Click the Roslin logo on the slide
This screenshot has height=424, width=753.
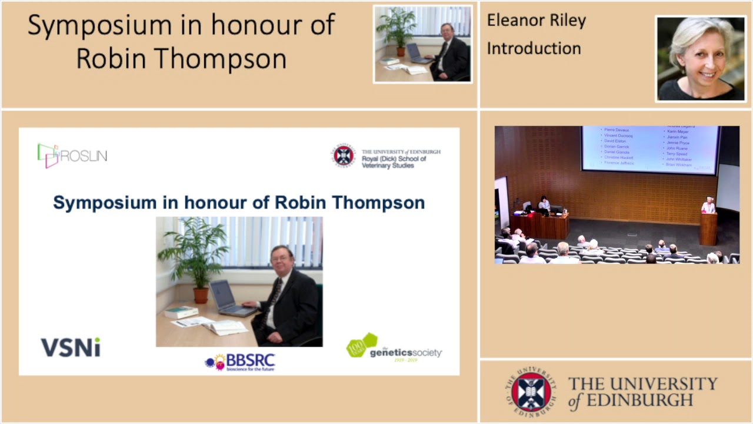pyautogui.click(x=72, y=155)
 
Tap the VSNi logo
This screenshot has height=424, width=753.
pyautogui.click(x=70, y=347)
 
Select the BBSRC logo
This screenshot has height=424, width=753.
pyautogui.click(x=240, y=362)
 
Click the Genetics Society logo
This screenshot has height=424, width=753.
pyautogui.click(x=394, y=347)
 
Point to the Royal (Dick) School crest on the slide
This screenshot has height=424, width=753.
pyautogui.click(x=344, y=155)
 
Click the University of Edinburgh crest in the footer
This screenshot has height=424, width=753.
pyautogui.click(x=531, y=392)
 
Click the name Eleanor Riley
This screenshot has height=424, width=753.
pyautogui.click(x=536, y=21)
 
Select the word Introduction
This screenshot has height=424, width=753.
pyautogui.click(x=534, y=48)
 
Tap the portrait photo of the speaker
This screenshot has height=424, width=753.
pyautogui.click(x=700, y=58)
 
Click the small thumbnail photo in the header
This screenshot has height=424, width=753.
pyautogui.click(x=422, y=44)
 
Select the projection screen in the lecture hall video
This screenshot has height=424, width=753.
pyautogui.click(x=649, y=149)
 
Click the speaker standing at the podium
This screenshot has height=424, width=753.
pyautogui.click(x=708, y=206)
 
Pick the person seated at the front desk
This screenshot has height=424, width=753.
pyautogui.click(x=544, y=204)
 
